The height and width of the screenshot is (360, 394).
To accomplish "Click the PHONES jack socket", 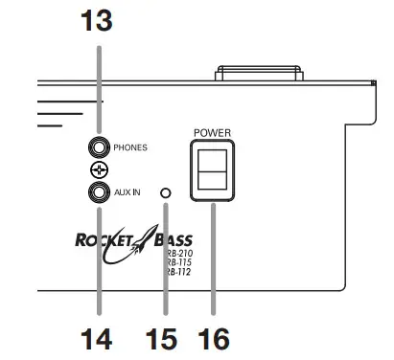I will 98,147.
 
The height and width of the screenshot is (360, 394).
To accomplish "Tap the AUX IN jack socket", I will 98,193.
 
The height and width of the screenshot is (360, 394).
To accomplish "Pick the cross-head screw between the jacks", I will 98,170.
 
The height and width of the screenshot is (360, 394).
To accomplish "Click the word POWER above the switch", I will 211,132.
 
